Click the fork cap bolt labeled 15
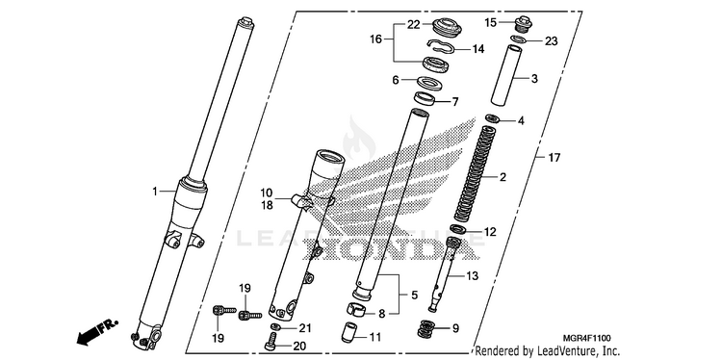coord(523,24)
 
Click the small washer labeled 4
coord(493,118)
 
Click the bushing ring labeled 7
coord(425,98)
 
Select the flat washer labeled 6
coord(429,84)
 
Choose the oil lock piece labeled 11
coord(349,332)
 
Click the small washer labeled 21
coord(276,327)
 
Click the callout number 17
coord(554,158)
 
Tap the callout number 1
coord(155,191)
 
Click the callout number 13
coord(472,276)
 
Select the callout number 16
coord(375,39)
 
